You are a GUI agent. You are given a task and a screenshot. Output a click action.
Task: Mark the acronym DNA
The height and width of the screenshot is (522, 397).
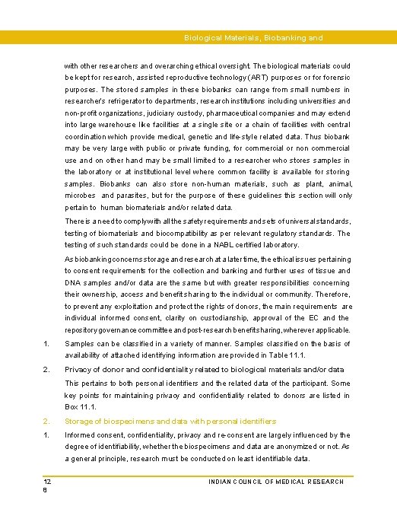[x=74, y=282]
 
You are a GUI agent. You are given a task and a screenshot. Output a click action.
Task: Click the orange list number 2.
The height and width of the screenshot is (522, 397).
[x=46, y=421]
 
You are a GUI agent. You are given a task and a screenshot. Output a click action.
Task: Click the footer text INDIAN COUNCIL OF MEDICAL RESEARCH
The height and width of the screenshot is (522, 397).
[x=275, y=482]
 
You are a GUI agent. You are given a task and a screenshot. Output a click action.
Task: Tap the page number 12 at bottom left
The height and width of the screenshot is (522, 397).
[x=46, y=482]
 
